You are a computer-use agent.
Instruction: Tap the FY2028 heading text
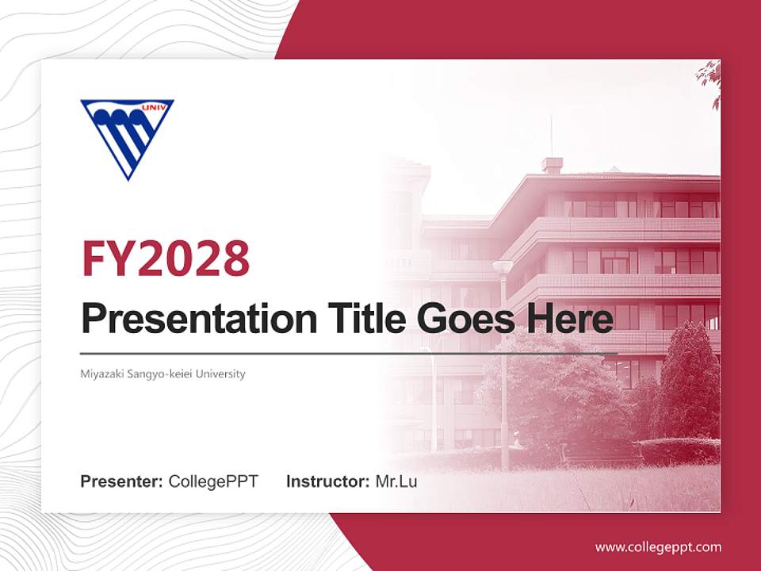166,258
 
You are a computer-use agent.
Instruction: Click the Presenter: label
122,481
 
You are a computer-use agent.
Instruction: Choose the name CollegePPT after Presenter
213,481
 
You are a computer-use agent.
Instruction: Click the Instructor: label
327,481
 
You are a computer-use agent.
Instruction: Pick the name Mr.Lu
396,481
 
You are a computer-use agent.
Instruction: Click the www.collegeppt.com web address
658,547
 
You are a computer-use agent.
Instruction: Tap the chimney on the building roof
552,165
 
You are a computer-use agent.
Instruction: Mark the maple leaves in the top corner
709,79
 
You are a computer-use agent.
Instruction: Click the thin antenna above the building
551,135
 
